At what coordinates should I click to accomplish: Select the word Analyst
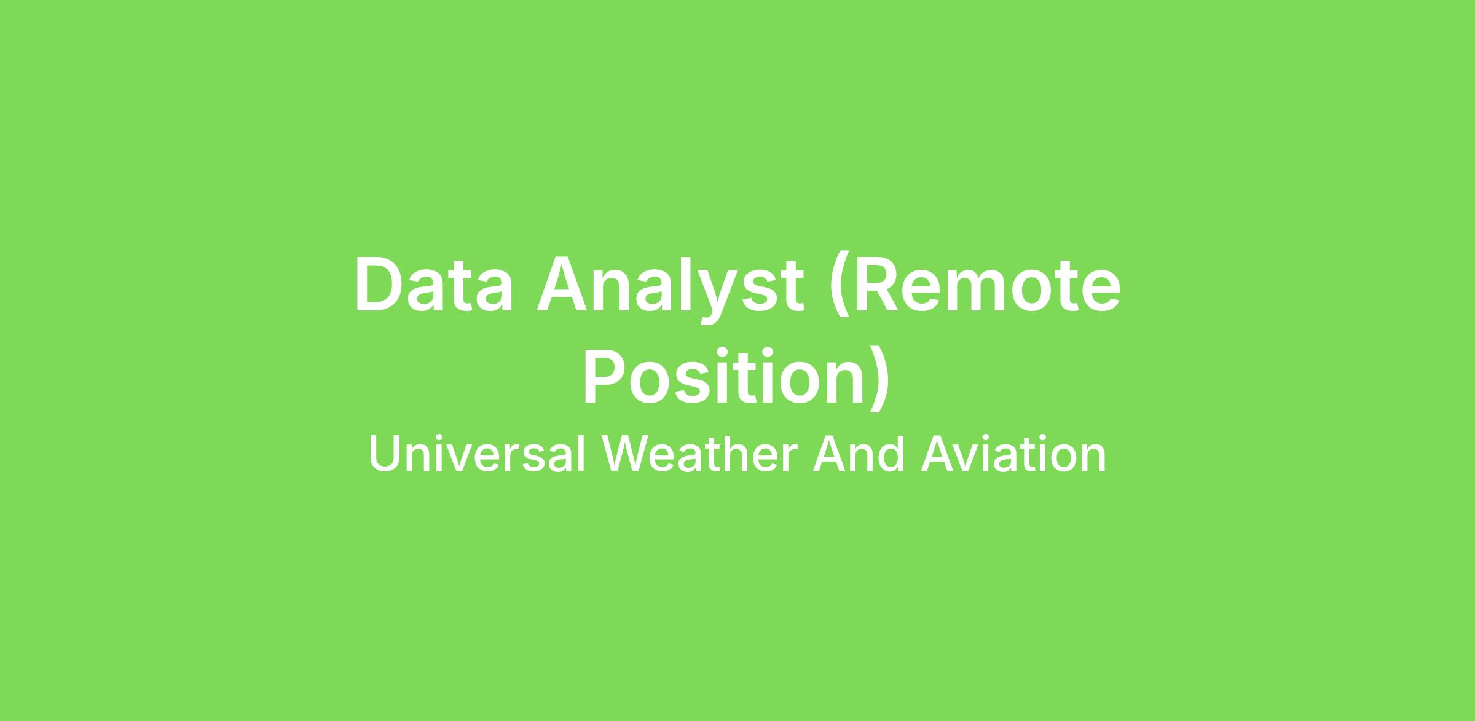(x=669, y=289)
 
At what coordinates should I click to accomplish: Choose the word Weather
(x=699, y=455)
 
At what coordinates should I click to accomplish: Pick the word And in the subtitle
(x=859, y=455)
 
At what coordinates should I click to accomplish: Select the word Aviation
(x=1013, y=455)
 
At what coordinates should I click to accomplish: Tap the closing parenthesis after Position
(x=879, y=377)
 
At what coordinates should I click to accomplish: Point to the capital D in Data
(x=379, y=285)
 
